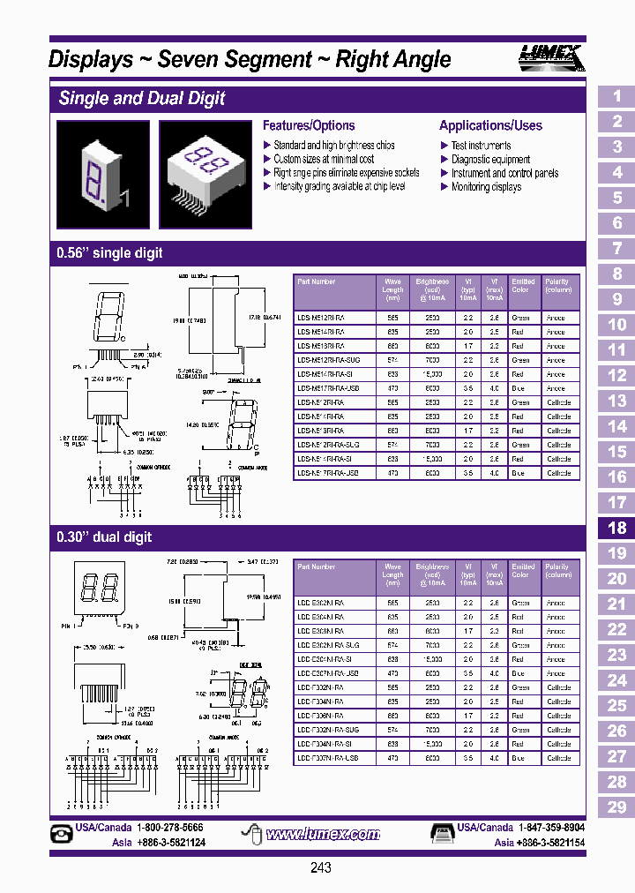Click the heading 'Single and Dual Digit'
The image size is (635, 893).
142,98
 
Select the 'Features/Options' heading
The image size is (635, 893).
309,125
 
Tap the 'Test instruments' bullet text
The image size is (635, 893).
481,146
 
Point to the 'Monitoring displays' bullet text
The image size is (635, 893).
486,187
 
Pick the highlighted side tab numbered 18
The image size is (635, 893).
616,528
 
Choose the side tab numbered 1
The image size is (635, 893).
616,96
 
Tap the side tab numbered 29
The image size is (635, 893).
616,807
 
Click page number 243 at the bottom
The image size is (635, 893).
321,868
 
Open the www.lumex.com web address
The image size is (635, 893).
323,834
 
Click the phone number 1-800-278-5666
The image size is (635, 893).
169,829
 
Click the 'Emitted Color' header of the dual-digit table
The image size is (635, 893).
523,571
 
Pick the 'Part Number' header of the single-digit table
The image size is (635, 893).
317,281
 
